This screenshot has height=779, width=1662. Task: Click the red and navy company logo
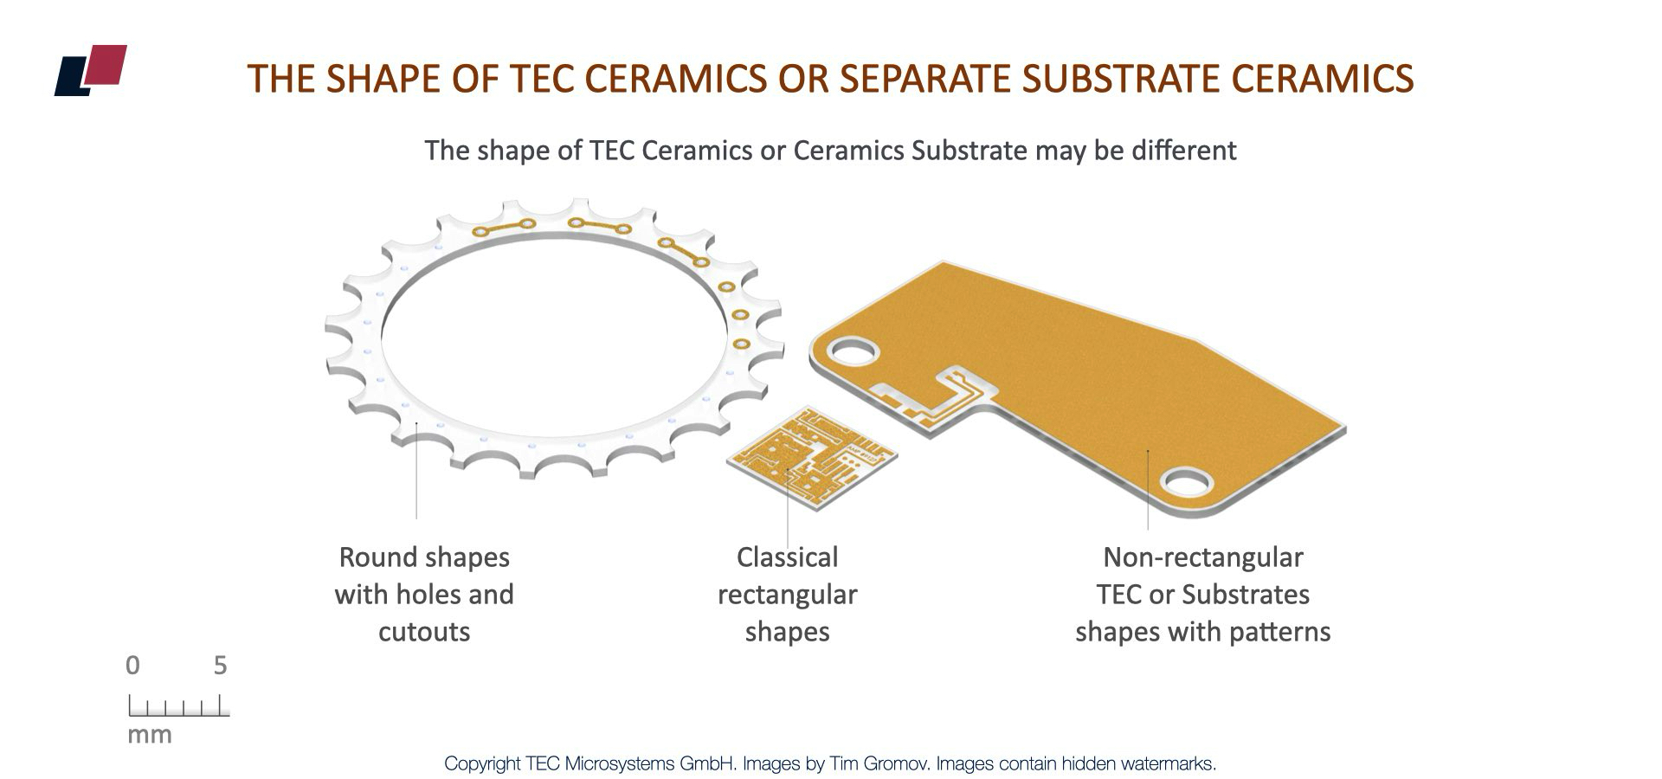click(91, 69)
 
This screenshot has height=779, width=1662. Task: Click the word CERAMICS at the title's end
click(1322, 79)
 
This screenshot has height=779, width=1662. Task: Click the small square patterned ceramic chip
click(811, 455)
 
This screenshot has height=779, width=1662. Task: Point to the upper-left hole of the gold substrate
click(854, 351)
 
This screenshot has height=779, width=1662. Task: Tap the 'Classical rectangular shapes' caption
click(787, 594)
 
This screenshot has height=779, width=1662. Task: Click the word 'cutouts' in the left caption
click(424, 631)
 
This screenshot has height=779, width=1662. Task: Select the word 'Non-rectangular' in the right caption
click(1202, 557)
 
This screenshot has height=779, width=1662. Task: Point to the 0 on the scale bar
click(132, 666)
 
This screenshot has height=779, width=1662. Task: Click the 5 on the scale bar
click(220, 666)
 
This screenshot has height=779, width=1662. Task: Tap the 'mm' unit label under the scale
click(150, 735)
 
